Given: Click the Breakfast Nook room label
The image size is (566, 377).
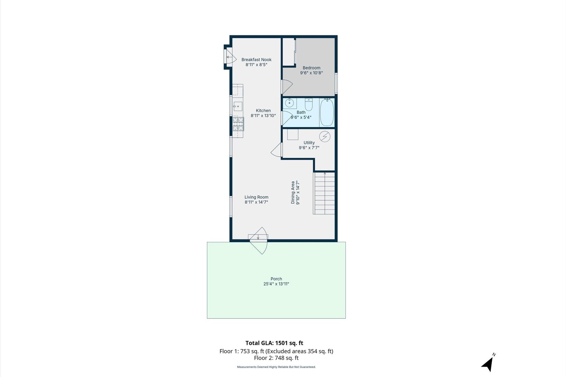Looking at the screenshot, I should [x=256, y=60].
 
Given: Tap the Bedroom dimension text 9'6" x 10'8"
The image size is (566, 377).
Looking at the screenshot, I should [x=311, y=73].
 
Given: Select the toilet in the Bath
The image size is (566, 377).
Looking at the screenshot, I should [x=309, y=104].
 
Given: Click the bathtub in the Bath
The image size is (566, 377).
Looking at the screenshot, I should [x=327, y=112].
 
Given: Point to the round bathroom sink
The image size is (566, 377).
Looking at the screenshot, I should [x=289, y=103].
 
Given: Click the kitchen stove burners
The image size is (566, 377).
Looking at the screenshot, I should [x=238, y=124].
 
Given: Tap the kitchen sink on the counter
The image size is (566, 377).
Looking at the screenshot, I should [x=238, y=106].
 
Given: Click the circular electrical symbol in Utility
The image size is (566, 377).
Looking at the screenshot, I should [x=325, y=136].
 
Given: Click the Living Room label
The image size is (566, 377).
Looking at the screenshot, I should [x=256, y=197].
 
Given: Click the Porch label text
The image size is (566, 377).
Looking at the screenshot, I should [x=276, y=279].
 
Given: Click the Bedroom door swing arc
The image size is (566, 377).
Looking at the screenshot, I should [x=286, y=87].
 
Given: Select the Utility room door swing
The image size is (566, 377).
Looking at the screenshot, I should [x=277, y=150].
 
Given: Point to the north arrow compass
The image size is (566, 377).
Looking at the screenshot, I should [x=488, y=363].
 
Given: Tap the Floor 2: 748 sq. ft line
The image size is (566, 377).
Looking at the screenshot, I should [x=276, y=358].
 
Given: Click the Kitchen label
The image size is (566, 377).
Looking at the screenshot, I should [x=263, y=111].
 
